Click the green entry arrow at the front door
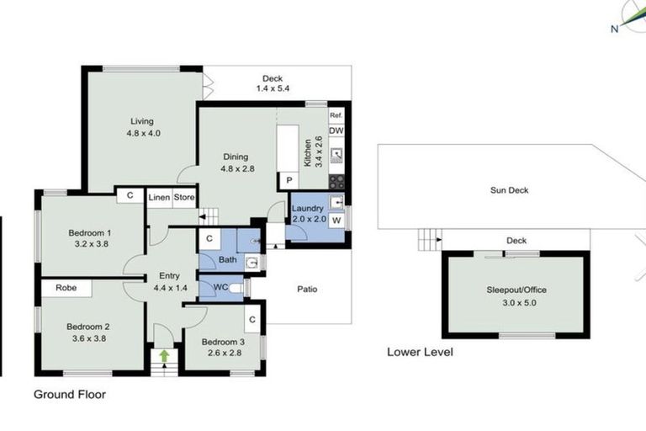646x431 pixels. coord(164,357)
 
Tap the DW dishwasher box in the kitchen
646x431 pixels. coord(336,131)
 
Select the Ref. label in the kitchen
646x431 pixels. coord(336,115)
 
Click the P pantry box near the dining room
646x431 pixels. coord(289,180)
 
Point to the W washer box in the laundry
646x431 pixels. coord(336,221)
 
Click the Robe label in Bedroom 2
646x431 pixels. coord(66,288)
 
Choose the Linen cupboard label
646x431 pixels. coord(159,198)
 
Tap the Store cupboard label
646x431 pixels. coord(184,198)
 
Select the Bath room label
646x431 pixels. coord(227,260)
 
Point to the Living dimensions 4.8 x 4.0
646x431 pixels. coord(142,133)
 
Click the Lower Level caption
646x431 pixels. coord(420,352)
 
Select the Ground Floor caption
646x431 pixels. coord(70,393)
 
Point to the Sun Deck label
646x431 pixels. coord(509,190)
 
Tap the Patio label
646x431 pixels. coord(307,289)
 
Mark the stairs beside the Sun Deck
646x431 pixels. coord(428,240)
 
